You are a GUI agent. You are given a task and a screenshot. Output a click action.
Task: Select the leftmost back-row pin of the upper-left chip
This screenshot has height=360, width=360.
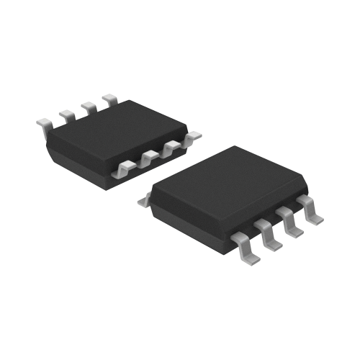45,127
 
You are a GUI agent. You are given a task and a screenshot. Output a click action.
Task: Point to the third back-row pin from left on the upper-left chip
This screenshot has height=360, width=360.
89,107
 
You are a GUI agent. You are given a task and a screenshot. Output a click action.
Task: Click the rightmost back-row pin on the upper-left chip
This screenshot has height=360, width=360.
110,98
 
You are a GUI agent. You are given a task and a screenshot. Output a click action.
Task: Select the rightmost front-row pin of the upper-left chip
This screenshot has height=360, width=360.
193,135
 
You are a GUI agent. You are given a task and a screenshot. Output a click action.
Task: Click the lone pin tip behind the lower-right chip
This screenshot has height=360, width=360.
143,202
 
